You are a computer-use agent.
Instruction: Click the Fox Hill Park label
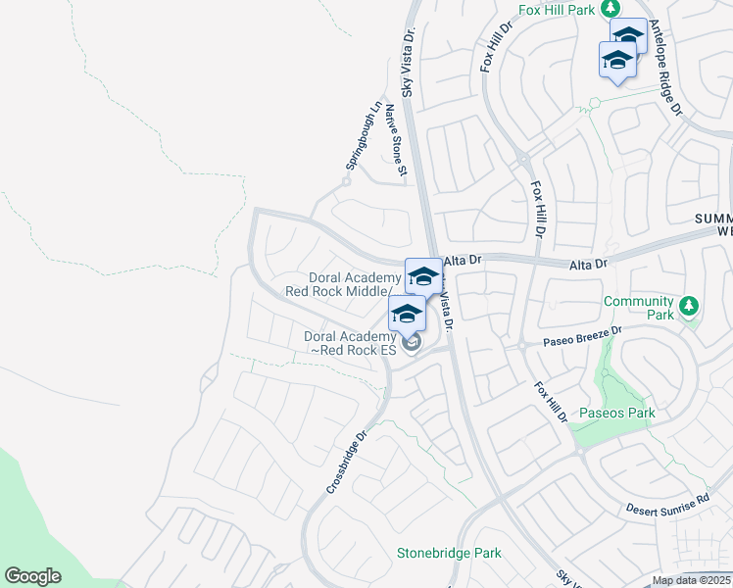[558, 11]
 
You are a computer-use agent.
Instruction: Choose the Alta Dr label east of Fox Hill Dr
[589, 264]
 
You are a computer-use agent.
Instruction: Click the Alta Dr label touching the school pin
[464, 261]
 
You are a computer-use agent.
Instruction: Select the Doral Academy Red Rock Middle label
[340, 284]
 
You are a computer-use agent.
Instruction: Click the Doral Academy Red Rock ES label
[350, 343]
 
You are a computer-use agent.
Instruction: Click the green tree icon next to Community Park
[690, 306]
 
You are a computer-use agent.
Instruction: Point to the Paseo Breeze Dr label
[583, 337]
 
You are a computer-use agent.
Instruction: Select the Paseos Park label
[616, 413]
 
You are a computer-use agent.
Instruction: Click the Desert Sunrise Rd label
[667, 505]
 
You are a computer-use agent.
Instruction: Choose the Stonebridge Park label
[449, 554]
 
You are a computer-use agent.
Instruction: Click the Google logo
[32, 576]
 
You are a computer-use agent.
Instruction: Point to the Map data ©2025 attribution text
[691, 581]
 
